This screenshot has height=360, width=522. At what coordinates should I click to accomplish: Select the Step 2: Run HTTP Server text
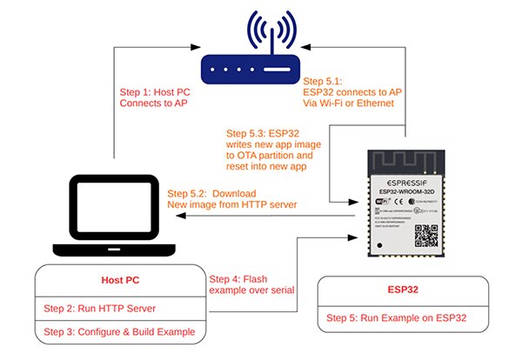click(x=88, y=309)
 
